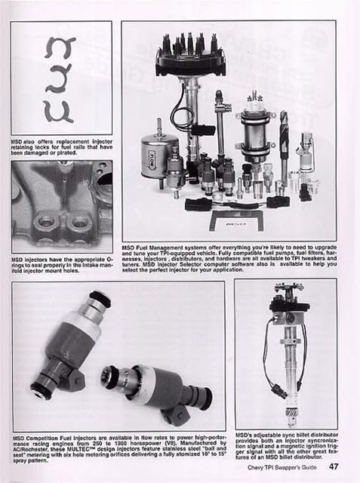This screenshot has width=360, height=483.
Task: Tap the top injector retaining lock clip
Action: [60, 48]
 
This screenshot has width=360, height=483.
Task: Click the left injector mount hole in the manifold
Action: [47, 223]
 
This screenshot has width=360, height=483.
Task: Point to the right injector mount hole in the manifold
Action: [78, 223]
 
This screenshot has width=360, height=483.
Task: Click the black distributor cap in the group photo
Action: [190, 56]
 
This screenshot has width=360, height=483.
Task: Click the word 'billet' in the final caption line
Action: [282, 455]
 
